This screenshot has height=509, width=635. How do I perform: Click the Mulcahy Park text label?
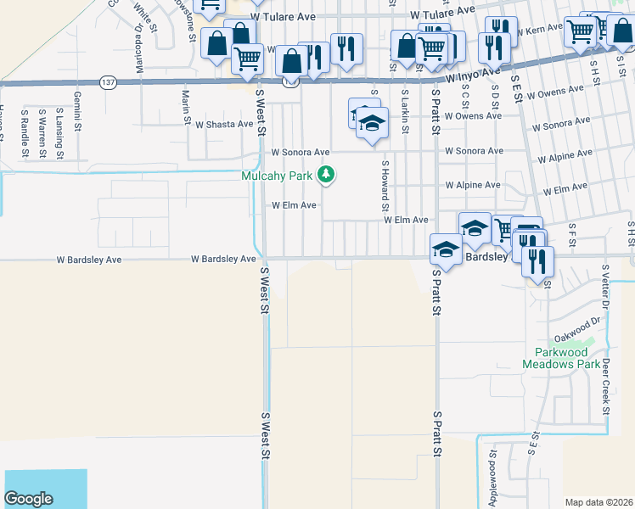277,176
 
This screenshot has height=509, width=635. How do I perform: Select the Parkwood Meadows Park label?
568,358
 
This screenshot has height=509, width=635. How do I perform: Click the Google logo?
28,499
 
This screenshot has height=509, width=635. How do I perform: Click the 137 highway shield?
107,82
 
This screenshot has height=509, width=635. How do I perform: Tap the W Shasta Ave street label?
224,124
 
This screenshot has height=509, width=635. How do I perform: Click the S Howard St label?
385,186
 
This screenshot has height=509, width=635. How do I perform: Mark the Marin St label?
185,109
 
